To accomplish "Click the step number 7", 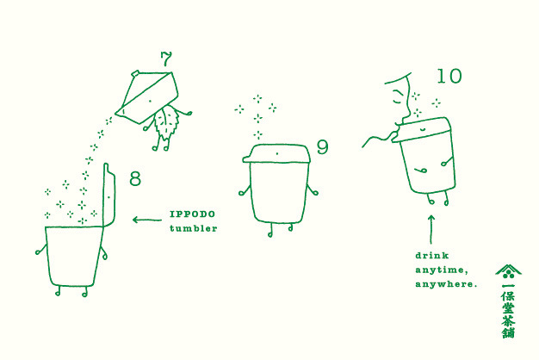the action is pyautogui.click(x=165, y=59).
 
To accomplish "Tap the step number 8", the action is pyautogui.click(x=135, y=179).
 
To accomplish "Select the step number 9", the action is pyautogui.click(x=322, y=146).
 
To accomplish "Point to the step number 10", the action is pyautogui.click(x=449, y=76).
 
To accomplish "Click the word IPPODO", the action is pyautogui.click(x=193, y=214).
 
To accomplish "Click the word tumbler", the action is pyautogui.click(x=193, y=228).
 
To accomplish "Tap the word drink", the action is pyautogui.click(x=432, y=256).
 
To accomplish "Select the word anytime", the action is pyautogui.click(x=442, y=270).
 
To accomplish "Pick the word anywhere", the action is pyautogui.click(x=446, y=284).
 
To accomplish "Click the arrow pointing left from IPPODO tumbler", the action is pyautogui.click(x=147, y=220).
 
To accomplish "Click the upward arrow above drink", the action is pyautogui.click(x=431, y=229).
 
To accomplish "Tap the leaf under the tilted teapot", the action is pyautogui.click(x=166, y=122).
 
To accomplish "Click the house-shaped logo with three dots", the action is pyautogui.click(x=508, y=271).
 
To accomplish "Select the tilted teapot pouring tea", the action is pyautogui.click(x=148, y=97).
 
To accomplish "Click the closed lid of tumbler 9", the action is pyautogui.click(x=276, y=153).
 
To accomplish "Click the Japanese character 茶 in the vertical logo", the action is pyautogui.click(x=508, y=320).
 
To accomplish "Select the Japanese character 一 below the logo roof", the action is pyautogui.click(x=508, y=285).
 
